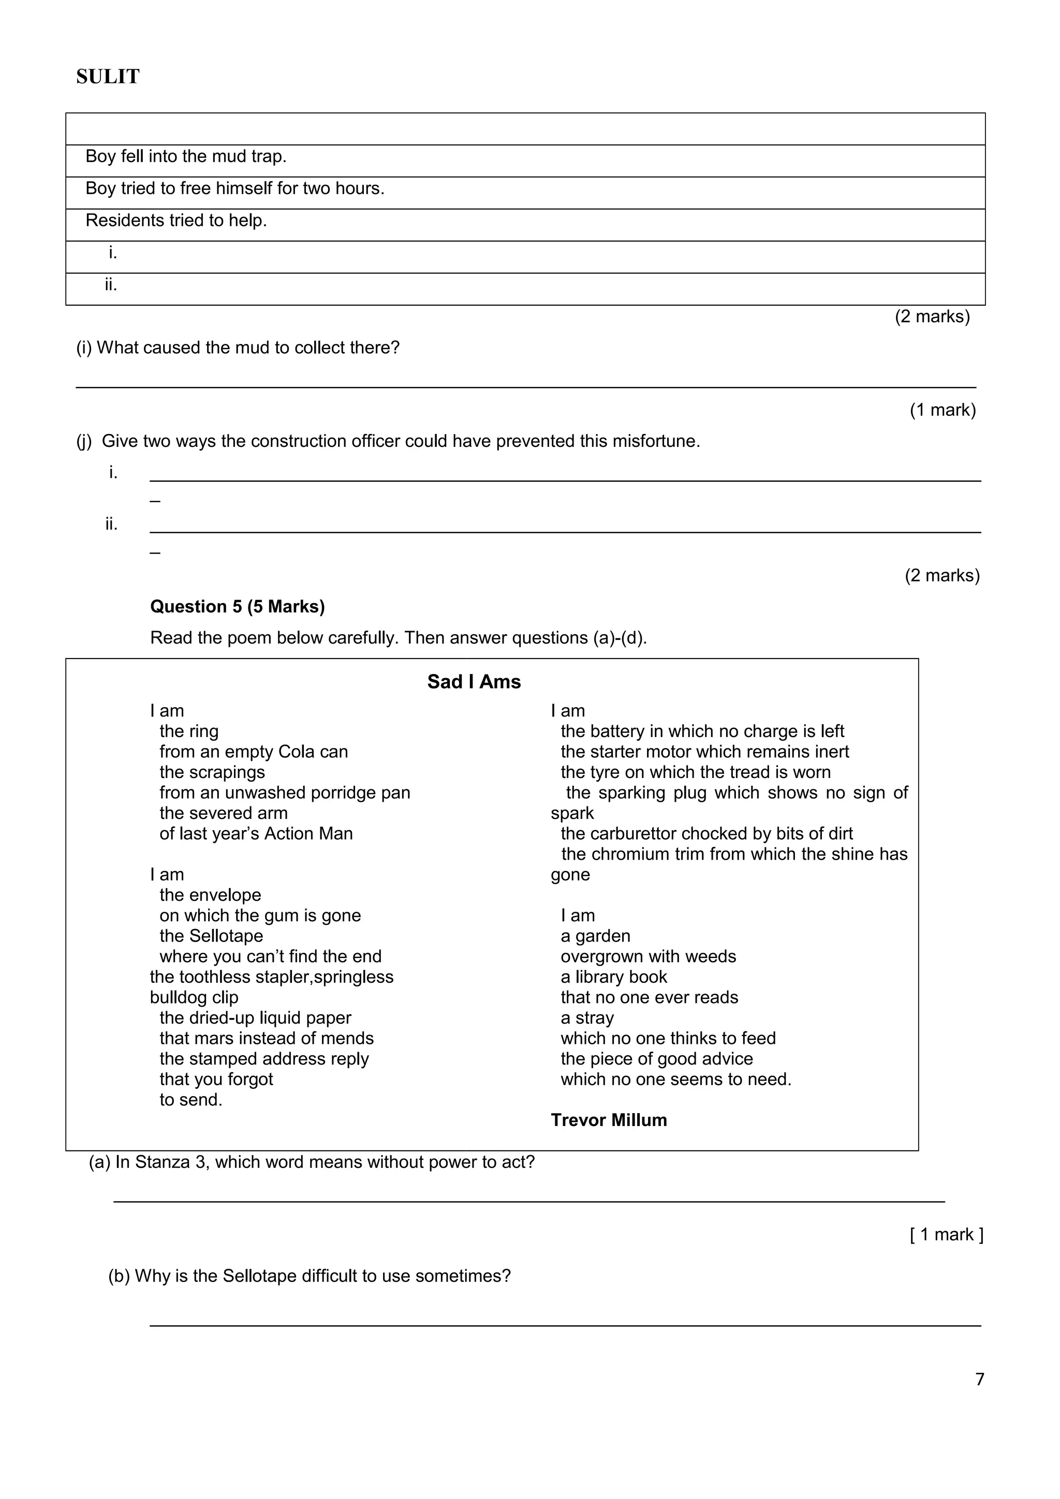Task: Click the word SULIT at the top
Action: tap(108, 77)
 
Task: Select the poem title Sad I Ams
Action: tap(474, 682)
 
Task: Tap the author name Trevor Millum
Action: tap(609, 1120)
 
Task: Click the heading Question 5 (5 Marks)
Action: tap(237, 607)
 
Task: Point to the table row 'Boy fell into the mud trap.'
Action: tap(186, 157)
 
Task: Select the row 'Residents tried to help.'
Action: tap(176, 221)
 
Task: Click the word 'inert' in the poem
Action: tap(830, 752)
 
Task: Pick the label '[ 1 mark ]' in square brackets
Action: tap(946, 1235)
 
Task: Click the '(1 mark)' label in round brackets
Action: tap(943, 410)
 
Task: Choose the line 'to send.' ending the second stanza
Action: tap(190, 1100)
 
